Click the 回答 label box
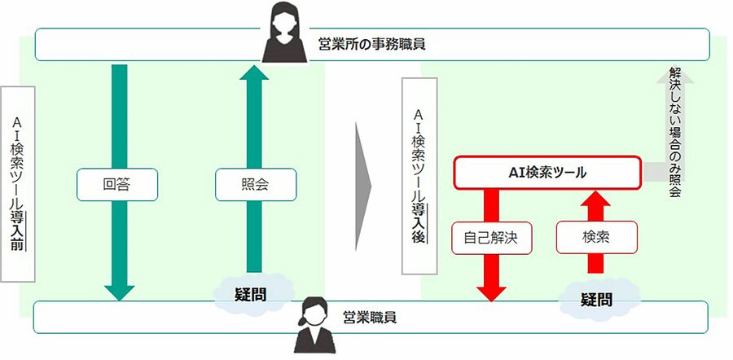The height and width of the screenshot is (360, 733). coord(117,185)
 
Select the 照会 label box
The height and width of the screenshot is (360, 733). coord(255,185)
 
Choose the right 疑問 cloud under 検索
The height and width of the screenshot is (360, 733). coord(597,299)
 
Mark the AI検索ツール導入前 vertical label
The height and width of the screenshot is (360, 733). coord(17,183)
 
